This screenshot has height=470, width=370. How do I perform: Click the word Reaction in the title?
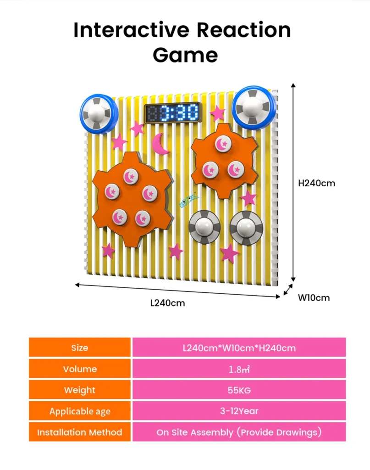243,30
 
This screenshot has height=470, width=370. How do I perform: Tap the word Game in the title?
185,55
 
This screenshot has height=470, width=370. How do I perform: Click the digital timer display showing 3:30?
173,113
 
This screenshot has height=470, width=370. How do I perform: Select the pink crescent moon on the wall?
161,144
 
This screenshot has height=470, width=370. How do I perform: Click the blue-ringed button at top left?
99,114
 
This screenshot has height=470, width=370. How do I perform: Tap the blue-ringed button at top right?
254,107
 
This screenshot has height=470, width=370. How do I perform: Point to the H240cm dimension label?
316,183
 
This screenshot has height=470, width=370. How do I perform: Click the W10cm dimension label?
314,297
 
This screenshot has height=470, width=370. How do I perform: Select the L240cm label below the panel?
168,303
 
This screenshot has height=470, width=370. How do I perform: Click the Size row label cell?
80,347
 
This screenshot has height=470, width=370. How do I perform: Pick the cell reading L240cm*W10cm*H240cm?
239,347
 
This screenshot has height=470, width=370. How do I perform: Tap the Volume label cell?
80,369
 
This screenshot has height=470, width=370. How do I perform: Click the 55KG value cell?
239,390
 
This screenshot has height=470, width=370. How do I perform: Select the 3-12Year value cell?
239,411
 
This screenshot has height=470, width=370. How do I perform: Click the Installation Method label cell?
80,432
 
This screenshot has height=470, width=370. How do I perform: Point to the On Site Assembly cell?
239,432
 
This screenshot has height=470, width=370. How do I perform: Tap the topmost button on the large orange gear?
131,176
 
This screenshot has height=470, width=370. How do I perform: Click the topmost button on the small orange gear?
223,144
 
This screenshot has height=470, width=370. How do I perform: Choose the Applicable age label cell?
80,411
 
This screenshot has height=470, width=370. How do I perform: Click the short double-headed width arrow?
288,290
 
